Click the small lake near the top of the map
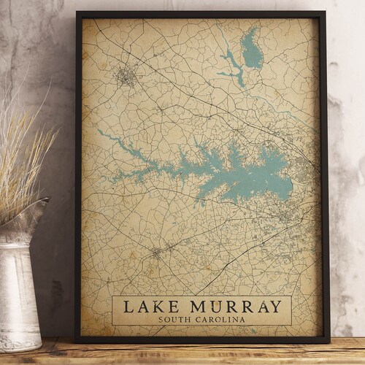[x=251, y=51]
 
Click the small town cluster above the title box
[x=158, y=253]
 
